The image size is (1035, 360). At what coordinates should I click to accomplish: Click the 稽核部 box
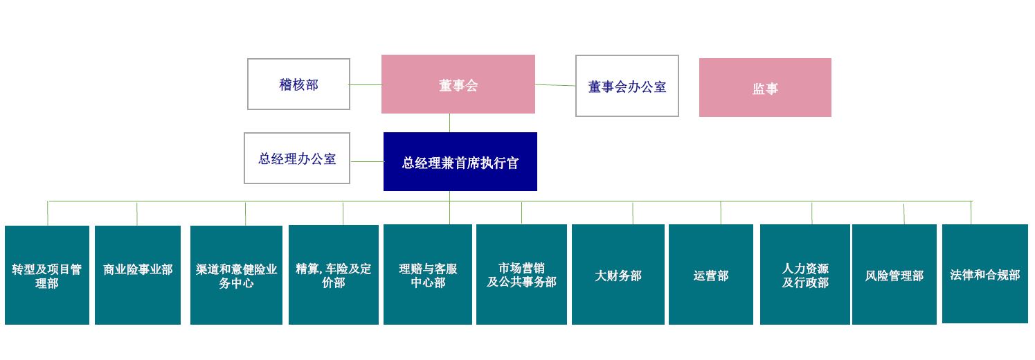point(298,84)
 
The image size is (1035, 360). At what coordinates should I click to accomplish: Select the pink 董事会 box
point(458,84)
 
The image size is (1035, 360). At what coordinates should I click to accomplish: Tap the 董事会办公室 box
point(627,86)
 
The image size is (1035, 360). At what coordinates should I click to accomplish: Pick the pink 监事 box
point(765,87)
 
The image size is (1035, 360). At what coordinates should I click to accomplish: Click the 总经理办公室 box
point(296,158)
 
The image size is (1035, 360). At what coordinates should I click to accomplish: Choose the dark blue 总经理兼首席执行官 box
point(460,162)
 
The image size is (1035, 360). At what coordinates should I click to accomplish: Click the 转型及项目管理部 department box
point(47,275)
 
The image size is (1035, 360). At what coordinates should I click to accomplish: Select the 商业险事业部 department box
point(138,275)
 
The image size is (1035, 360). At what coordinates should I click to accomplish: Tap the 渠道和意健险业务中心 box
point(236,275)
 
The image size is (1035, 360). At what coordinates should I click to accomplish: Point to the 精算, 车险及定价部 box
point(334,275)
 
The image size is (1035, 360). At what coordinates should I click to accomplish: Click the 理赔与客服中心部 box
point(428,275)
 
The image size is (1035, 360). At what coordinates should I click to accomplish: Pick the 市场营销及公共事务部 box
point(522,275)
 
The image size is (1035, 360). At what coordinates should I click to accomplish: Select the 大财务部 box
point(618,275)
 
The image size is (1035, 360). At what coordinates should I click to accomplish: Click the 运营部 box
point(710,275)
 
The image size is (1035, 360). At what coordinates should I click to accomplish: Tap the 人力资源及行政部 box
point(805,275)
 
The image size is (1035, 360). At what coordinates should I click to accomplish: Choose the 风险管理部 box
point(894,275)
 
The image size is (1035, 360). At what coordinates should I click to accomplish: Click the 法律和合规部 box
point(985,273)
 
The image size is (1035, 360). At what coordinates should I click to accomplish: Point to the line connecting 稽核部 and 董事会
point(366,84)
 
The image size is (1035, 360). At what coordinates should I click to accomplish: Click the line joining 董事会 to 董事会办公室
point(555,85)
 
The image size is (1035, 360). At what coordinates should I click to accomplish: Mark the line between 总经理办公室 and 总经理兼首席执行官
point(368,161)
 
